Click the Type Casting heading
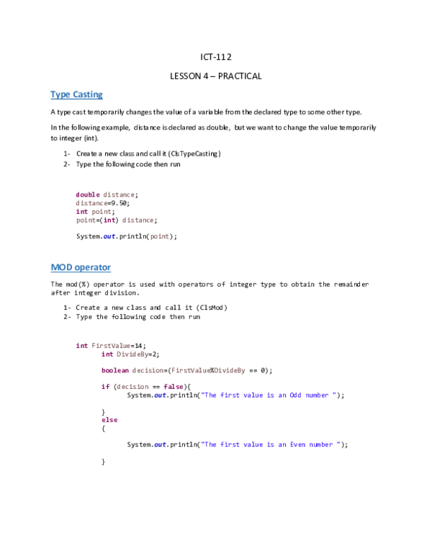click(x=76, y=94)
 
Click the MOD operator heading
click(x=81, y=268)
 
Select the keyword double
click(x=87, y=194)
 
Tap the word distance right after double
click(x=119, y=194)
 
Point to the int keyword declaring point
click(x=81, y=211)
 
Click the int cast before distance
click(x=109, y=220)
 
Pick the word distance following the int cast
click(x=138, y=220)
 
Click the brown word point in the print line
click(x=160, y=236)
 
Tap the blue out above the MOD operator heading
click(x=109, y=236)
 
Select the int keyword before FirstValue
click(x=81, y=346)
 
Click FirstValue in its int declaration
click(x=111, y=346)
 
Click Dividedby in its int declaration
click(x=132, y=354)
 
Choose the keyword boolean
click(x=115, y=370)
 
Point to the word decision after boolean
click(x=148, y=370)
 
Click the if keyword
click(x=105, y=387)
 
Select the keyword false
click(x=174, y=387)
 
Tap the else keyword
click(x=109, y=420)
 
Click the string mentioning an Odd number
click(x=269, y=395)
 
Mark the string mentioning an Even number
click(x=270, y=444)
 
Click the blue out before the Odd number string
click(x=160, y=395)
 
